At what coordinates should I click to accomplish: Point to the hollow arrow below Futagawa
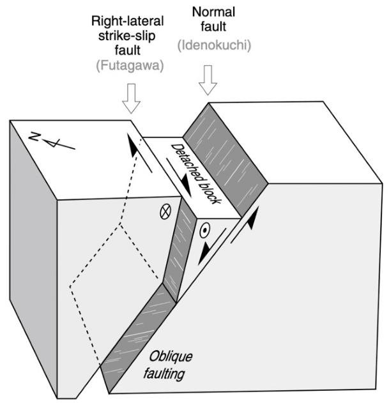point(133,100)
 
